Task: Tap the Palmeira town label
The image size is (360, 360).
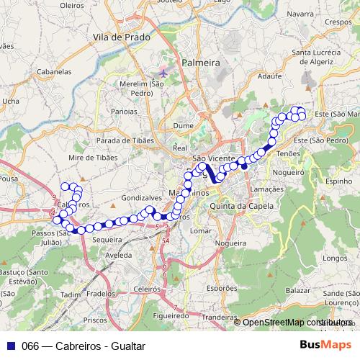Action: coord(201,63)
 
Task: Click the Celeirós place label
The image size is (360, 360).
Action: coord(146,288)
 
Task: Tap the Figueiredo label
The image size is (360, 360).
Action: coord(172,315)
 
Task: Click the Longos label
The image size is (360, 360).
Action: coord(336,258)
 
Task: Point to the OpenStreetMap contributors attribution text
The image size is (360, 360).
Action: coord(294,323)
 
